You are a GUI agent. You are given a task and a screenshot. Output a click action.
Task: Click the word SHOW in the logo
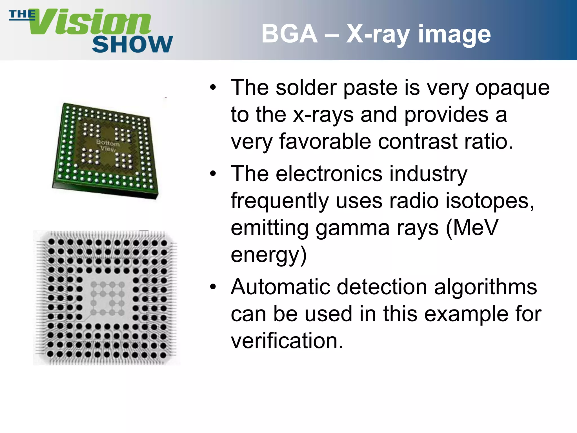(x=132, y=45)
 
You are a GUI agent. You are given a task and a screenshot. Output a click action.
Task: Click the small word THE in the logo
(x=22, y=14)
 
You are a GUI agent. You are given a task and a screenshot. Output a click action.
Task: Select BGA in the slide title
(x=289, y=34)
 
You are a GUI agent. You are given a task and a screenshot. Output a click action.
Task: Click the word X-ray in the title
(x=378, y=34)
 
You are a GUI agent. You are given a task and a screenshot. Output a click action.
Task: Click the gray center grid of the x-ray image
(x=107, y=298)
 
